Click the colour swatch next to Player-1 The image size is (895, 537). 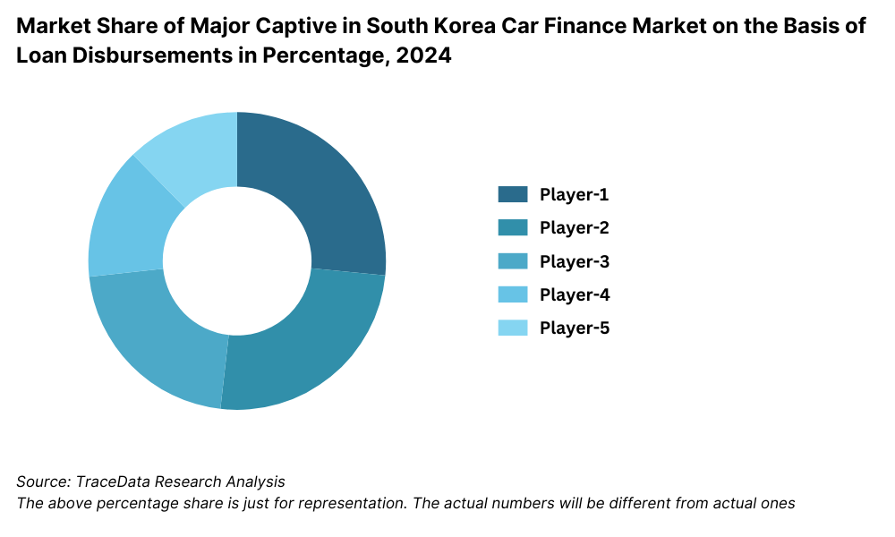[513, 194]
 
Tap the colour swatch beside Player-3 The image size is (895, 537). [513, 261]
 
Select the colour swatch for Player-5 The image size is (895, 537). [513, 328]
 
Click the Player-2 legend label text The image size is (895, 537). [574, 227]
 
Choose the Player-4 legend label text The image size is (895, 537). [574, 294]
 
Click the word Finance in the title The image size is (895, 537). [597, 25]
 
